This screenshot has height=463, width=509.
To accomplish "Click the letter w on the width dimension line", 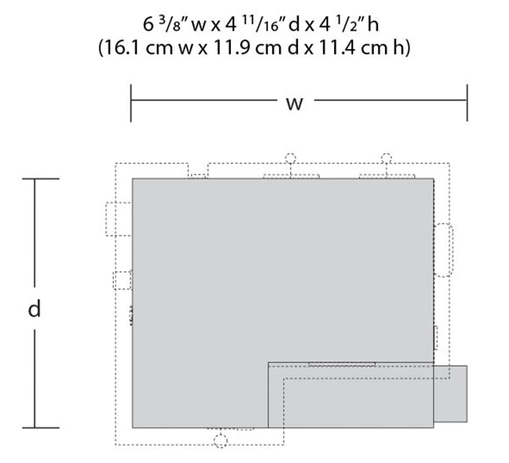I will [x=294, y=103].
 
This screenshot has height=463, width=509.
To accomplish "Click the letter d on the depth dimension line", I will [x=34, y=309].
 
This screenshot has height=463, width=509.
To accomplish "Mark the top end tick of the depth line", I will [x=41, y=179].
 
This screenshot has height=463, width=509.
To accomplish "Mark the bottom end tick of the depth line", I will [x=41, y=428].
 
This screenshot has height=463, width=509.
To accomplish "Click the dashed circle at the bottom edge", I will [x=220, y=441].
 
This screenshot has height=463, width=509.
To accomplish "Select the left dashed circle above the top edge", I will [x=290, y=158].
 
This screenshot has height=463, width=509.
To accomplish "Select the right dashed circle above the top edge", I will [x=386, y=158].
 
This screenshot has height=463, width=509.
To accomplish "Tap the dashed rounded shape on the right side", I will [x=444, y=250].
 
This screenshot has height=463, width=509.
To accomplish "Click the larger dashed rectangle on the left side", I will [x=118, y=219].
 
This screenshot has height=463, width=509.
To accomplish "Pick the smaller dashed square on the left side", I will [x=122, y=281].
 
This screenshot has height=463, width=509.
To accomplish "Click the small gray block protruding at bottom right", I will [x=450, y=393].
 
